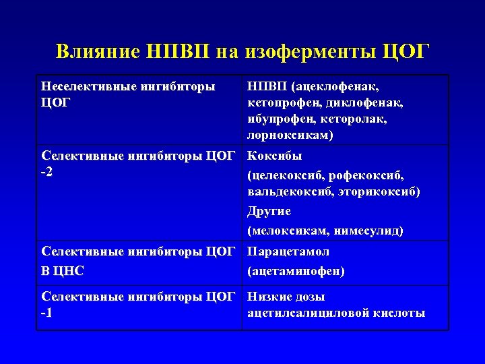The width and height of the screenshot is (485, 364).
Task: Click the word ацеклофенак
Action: tap(337, 87)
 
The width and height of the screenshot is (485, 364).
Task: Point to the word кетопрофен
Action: tap(284, 103)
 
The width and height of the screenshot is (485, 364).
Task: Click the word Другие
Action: tap(269, 212)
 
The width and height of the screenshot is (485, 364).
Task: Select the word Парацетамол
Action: tap(288, 252)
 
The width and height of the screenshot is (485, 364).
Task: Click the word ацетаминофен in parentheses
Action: tap(296, 272)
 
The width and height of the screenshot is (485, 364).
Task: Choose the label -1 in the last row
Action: tap(48, 313)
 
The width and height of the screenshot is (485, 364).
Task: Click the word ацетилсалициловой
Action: tap(304, 313)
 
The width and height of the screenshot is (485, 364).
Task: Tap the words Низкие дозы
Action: tap(286, 297)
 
